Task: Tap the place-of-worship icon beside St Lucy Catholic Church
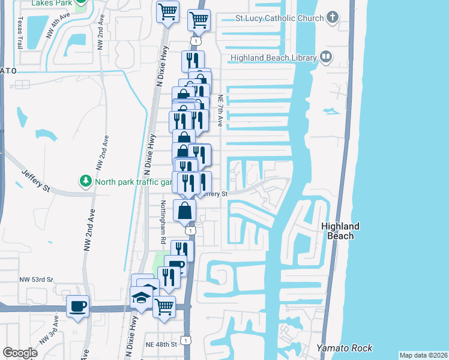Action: tap(333, 19)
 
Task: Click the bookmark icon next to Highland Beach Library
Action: tap(326, 58)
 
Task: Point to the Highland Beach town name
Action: tap(340, 231)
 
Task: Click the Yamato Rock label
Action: tap(345, 348)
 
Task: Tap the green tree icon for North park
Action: tap(85, 181)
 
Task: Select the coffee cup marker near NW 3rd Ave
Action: tap(78, 307)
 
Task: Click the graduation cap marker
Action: tap(141, 298)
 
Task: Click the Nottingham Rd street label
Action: tap(163, 222)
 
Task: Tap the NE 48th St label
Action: tap(161, 344)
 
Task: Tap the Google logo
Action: tap(20, 353)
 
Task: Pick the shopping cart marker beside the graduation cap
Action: tap(164, 307)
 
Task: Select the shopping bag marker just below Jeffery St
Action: tap(185, 211)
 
